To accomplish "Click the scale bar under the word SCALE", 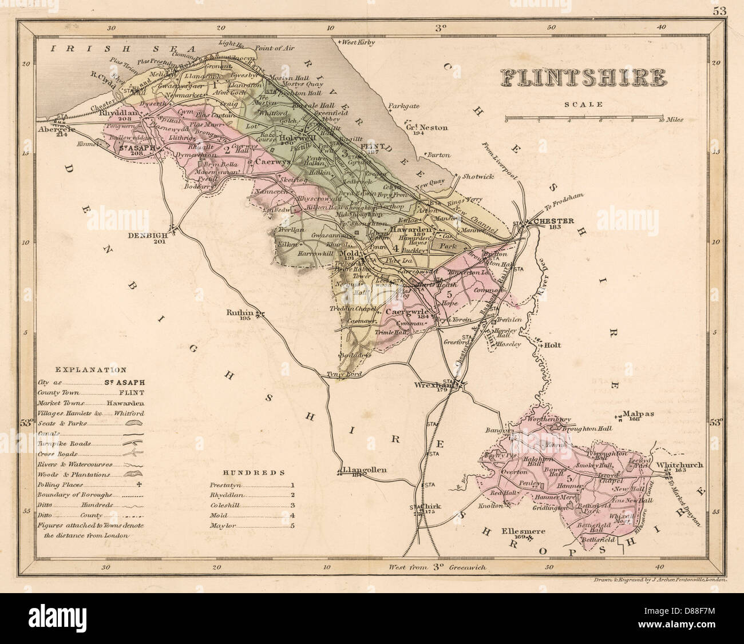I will [584, 119].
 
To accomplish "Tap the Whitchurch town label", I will [680, 465].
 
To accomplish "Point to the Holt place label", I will [553, 345].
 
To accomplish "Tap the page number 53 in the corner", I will [718, 10].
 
